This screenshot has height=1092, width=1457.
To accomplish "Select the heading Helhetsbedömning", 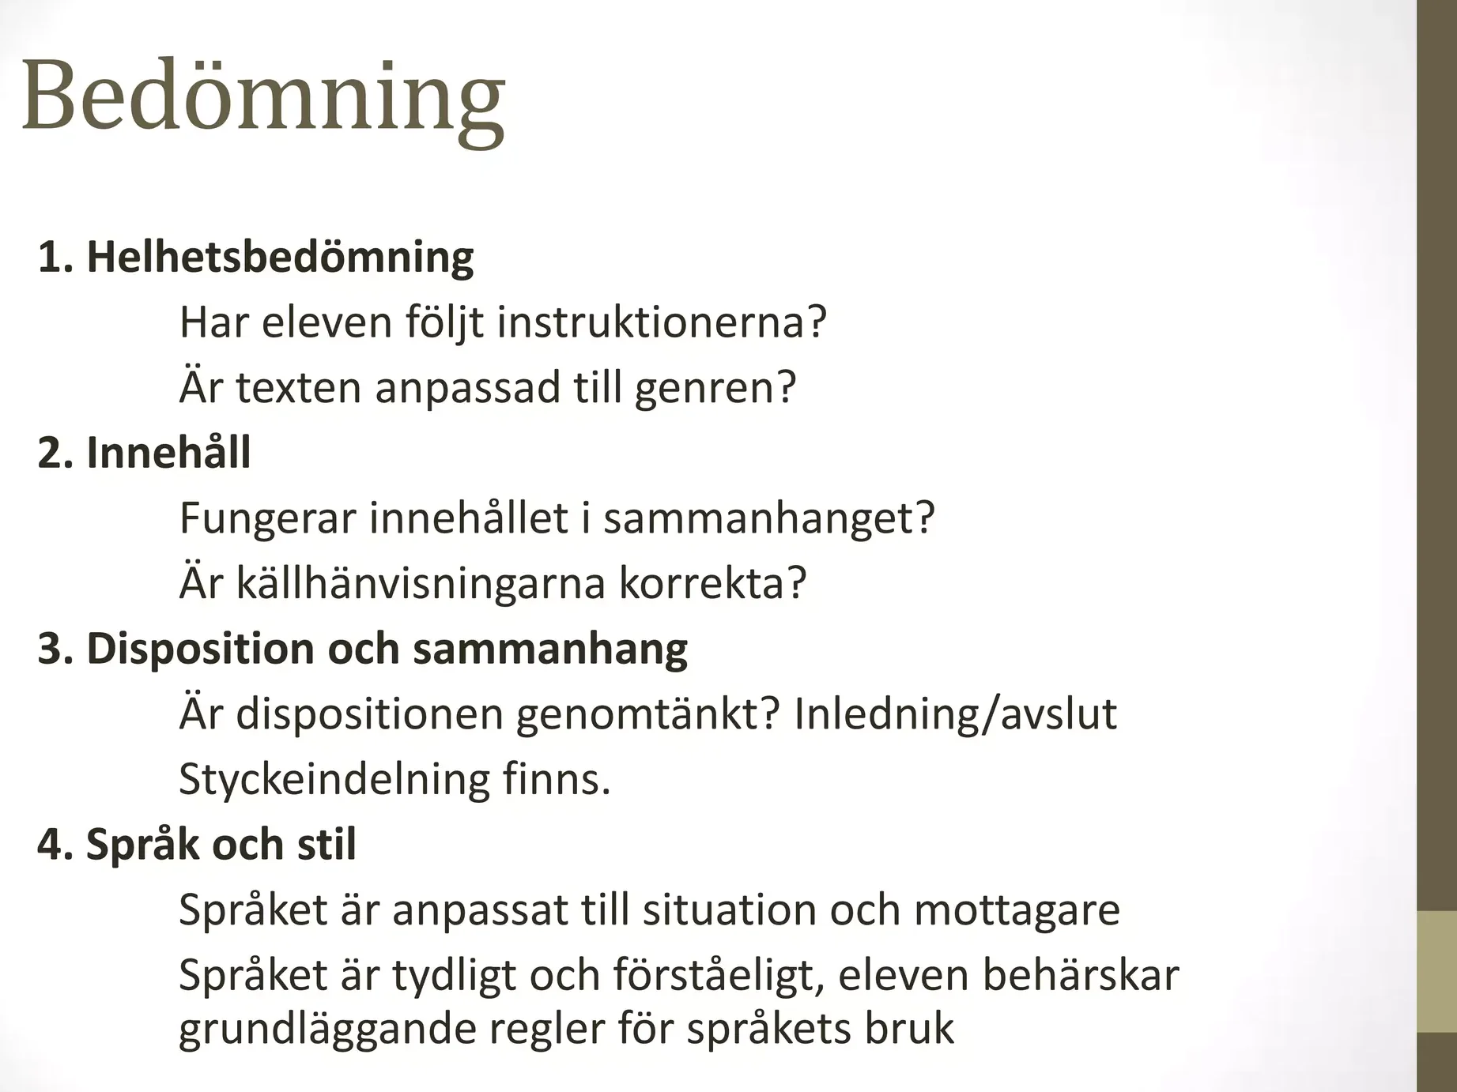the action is pos(280,258).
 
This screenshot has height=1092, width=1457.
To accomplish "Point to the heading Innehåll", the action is pos(168,452).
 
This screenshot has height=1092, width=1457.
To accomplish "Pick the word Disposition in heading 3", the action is pos(200,650).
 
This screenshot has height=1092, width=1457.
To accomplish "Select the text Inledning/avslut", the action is pos(955,714).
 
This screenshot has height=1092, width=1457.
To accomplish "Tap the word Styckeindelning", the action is pos(334,780).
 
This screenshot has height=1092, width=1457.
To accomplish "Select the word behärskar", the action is pos(1081,974).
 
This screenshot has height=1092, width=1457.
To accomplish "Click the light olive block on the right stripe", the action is pos(1436,971).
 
